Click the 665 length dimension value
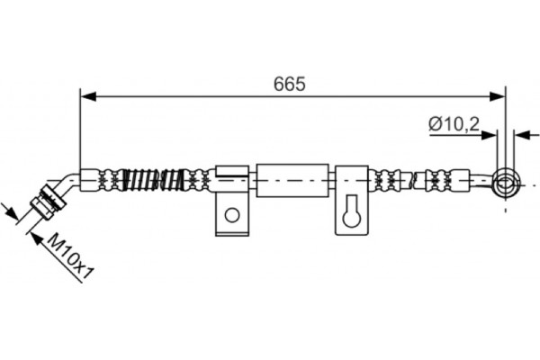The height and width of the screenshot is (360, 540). point(291,84)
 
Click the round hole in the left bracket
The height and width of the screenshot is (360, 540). point(232,214)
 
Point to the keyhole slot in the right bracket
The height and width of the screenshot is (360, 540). point(352,214)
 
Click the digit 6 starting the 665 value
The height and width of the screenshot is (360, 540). point(280,84)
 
